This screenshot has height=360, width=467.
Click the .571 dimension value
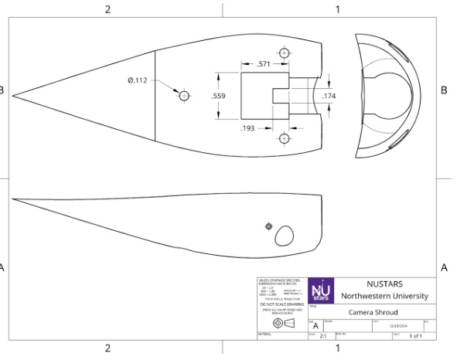[x=264, y=64]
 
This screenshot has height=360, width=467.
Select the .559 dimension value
[x=219, y=97]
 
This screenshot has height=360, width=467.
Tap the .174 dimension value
[x=330, y=96]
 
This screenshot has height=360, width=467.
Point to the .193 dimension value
[x=248, y=127]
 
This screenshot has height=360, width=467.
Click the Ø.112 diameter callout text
[x=138, y=80]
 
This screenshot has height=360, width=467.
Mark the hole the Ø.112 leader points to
[x=184, y=96]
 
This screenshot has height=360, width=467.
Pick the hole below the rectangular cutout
[x=285, y=138]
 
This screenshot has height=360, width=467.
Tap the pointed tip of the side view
[x=12, y=200]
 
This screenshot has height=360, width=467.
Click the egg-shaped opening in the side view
[x=285, y=236]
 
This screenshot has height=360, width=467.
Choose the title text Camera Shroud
[x=373, y=312]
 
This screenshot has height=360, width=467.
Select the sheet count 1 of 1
[x=415, y=336]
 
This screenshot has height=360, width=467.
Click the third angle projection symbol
[x=283, y=323]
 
